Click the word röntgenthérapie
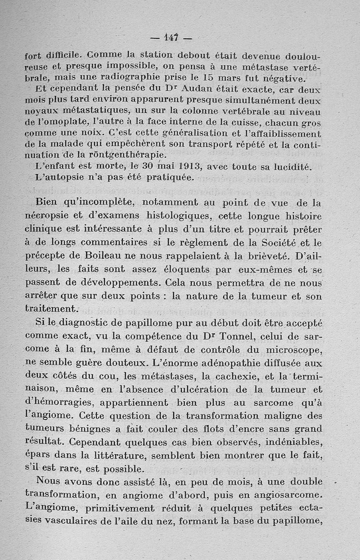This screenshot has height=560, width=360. click(113, 155)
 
